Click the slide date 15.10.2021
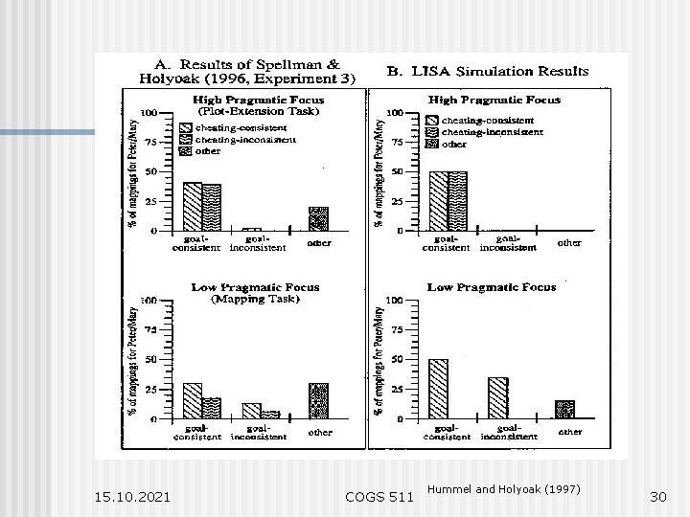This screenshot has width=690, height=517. [133, 497]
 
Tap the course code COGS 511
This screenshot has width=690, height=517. [379, 497]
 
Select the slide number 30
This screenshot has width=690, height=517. [658, 497]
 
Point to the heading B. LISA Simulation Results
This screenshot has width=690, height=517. [488, 72]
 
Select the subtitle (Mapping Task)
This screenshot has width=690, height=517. [255, 298]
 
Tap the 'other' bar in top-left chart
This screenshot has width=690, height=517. [318, 218]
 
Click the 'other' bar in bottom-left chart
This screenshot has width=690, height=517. [318, 401]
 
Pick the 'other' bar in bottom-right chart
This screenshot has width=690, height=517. [565, 409]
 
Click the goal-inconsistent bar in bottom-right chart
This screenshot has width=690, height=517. [497, 397]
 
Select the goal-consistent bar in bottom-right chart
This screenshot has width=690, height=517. [439, 389]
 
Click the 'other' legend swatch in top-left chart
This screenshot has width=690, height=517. [185, 150]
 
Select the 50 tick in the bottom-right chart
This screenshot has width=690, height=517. [397, 359]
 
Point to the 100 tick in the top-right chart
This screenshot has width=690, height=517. [395, 112]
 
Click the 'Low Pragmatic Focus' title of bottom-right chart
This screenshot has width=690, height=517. [493, 286]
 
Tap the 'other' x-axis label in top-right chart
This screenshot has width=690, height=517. [568, 242]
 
